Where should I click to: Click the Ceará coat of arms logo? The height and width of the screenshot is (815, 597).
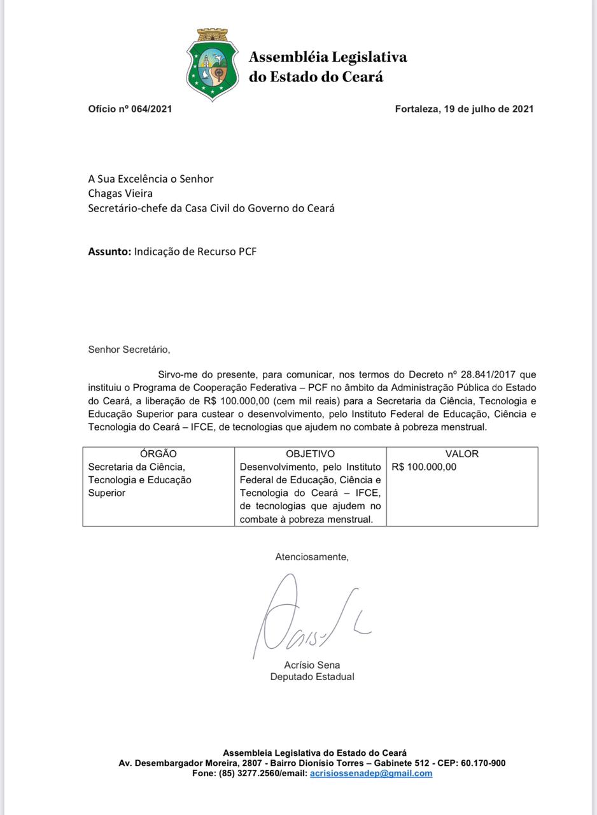click(212, 65)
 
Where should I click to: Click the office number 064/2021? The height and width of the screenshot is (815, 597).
click(151, 109)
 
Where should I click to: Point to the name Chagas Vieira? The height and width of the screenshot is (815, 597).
click(120, 193)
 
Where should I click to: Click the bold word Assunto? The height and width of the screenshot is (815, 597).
click(109, 252)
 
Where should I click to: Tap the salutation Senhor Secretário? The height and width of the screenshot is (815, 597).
click(129, 350)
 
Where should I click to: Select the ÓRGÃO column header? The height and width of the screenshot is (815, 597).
click(158, 454)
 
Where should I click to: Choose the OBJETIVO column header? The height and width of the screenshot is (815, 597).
click(310, 454)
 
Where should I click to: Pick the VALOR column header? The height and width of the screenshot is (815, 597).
click(462, 454)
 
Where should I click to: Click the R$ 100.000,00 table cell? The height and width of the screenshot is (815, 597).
click(424, 467)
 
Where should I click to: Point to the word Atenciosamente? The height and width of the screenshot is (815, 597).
click(312, 557)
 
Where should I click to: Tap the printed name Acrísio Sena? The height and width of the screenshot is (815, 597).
click(312, 665)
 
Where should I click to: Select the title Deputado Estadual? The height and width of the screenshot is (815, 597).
click(312, 677)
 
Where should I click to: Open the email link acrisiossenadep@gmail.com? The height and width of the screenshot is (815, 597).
click(371, 774)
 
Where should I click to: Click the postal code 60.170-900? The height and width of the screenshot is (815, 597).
click(483, 763)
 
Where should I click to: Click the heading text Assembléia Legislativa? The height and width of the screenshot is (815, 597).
click(328, 57)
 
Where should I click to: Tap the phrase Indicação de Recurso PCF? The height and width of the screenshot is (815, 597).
click(195, 252)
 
